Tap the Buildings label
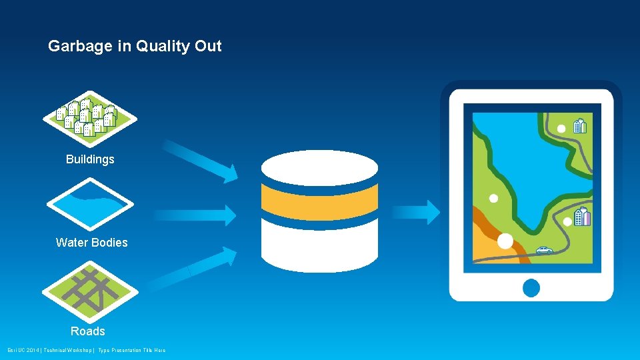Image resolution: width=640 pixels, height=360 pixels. pyautogui.click(x=90, y=159)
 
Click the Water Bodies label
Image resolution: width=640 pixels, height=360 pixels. pyautogui.click(x=91, y=243)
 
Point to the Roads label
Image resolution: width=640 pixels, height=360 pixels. pyautogui.click(x=88, y=331)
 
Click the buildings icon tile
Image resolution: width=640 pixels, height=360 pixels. pyautogui.click(x=89, y=118)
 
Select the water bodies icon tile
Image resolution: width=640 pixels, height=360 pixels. pyautogui.click(x=89, y=203)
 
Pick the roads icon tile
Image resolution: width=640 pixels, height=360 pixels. pyautogui.click(x=89, y=291)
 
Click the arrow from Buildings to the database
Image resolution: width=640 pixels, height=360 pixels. pyautogui.click(x=200, y=161)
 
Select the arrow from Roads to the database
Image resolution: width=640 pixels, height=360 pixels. pyautogui.click(x=193, y=269)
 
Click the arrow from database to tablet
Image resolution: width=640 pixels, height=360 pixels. pyautogui.click(x=415, y=212)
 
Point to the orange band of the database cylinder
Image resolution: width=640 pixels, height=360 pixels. pyautogui.click(x=319, y=198)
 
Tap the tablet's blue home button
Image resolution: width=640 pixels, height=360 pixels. pyautogui.click(x=531, y=288)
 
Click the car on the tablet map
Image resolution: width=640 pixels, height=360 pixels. pyautogui.click(x=544, y=251)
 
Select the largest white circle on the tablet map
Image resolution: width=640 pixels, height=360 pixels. pyautogui.click(x=505, y=241)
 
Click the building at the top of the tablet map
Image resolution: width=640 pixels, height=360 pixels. pyautogui.click(x=580, y=125)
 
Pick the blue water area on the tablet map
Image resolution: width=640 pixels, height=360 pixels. pyautogui.click(x=527, y=167)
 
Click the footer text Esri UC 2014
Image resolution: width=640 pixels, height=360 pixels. pyautogui.click(x=23, y=351)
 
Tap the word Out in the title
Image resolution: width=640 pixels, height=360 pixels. pyautogui.click(x=208, y=47)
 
